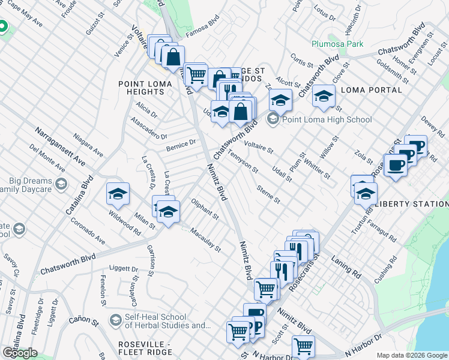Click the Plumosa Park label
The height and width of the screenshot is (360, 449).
[337, 44]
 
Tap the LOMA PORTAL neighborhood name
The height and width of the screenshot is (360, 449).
[371, 90]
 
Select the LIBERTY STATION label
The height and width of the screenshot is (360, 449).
[411, 204]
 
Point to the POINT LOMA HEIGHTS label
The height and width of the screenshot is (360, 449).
[141, 88]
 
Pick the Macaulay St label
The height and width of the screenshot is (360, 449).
[205, 239]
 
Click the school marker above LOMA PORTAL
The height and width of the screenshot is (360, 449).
[324, 97]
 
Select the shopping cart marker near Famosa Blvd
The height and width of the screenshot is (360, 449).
[196, 75]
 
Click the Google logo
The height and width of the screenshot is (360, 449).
[20, 352]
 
